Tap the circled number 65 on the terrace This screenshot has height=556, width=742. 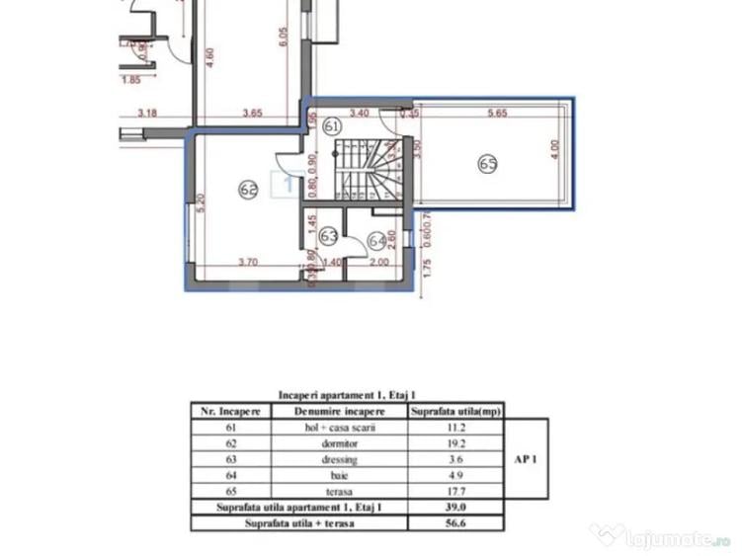point(487,165)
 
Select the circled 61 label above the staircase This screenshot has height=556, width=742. point(332,126)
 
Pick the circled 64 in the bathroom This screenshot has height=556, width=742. point(376,240)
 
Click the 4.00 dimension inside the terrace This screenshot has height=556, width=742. point(554,149)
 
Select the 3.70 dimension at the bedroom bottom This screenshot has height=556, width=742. point(248,263)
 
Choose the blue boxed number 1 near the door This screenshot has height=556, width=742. point(288,184)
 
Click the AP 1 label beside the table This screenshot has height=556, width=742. point(526,460)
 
